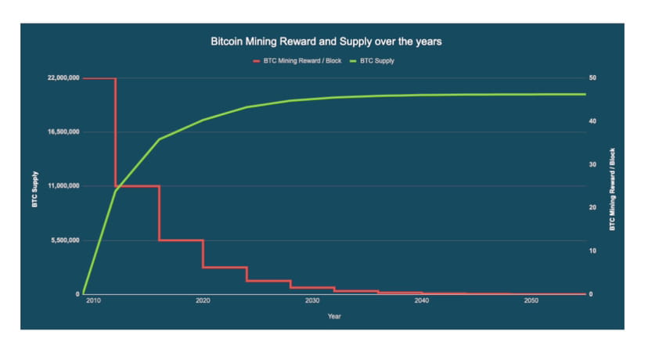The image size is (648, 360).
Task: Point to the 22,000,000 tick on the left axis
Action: tap(61, 78)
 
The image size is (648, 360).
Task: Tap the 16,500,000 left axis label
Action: tap(61, 132)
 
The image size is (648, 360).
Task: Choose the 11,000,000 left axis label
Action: tap(61, 186)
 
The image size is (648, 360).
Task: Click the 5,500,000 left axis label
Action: tap(63, 240)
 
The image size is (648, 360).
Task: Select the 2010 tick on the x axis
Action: tap(93, 301)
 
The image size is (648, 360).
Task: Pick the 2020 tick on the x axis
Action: tap(203, 301)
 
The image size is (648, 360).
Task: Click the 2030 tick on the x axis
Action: tap(312, 301)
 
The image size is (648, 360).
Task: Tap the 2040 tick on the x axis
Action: tap(422, 301)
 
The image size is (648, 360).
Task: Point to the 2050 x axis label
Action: tap(531, 301)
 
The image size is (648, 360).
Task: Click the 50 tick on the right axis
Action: tap(594, 78)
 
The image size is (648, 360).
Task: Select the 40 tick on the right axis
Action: tap(594, 121)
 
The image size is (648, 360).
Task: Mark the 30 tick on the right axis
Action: tap(594, 164)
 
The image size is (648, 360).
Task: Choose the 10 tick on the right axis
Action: tap(594, 251)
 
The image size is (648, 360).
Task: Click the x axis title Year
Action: tap(334, 316)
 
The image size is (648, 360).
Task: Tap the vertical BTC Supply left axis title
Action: tap(34, 186)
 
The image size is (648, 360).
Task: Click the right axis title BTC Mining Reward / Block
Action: tap(613, 188)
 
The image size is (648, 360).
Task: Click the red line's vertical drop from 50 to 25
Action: tap(116, 133)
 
